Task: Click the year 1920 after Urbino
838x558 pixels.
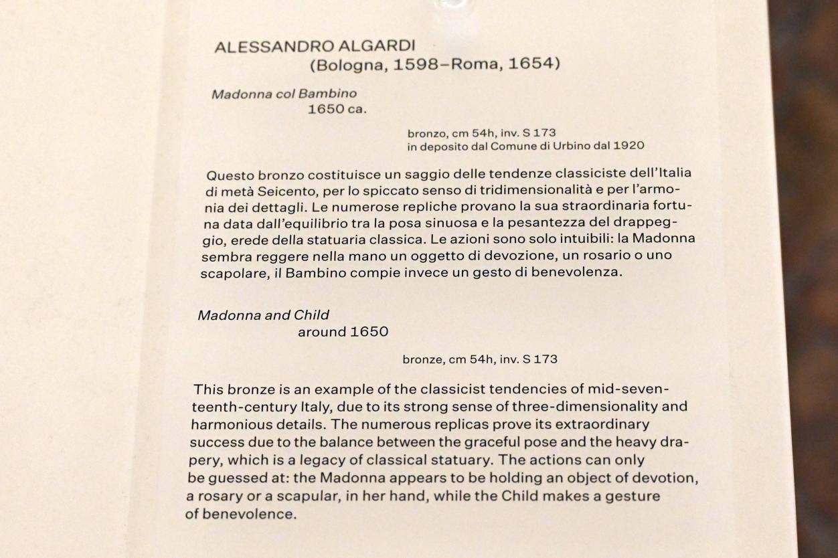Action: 630,145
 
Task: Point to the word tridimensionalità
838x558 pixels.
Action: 521,191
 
